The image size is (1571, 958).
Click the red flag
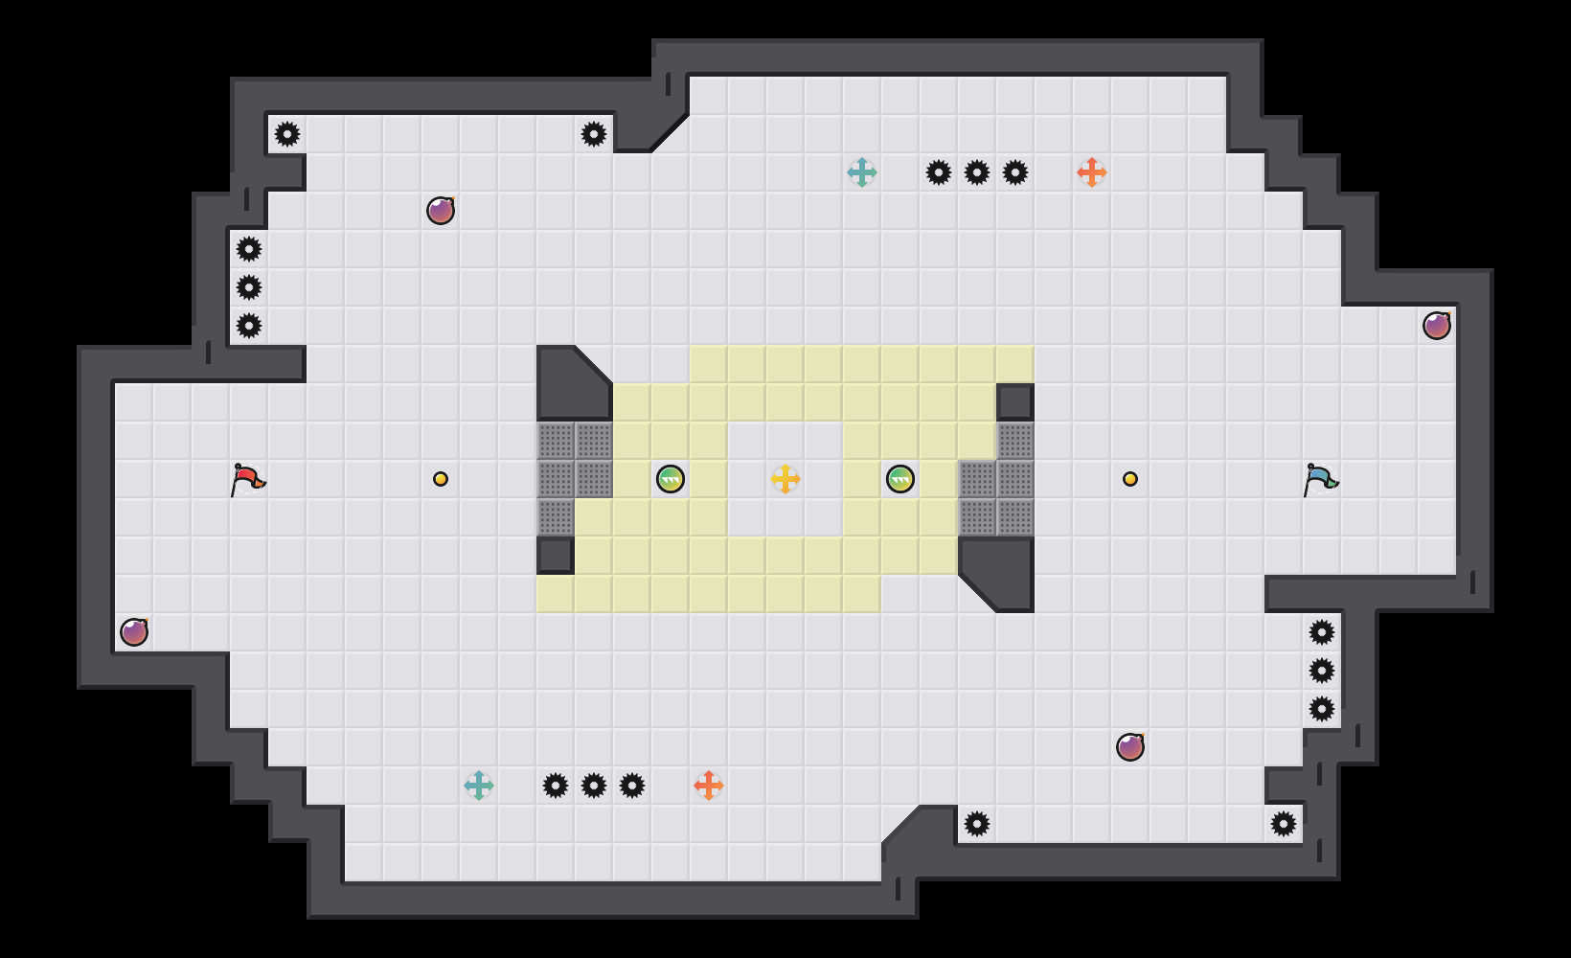247,478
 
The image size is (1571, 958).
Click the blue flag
1320,478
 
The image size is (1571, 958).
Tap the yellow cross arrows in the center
785,479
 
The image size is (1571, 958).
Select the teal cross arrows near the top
862,172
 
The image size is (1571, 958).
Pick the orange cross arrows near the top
1092,172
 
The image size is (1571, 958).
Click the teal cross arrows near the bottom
479,786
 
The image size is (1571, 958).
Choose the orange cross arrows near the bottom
709,786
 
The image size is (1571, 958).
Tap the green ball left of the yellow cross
671,479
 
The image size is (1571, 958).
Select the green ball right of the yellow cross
900,479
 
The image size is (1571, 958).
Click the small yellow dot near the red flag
441,479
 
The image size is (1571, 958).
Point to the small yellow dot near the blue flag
1130,479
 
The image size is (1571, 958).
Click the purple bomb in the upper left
441,211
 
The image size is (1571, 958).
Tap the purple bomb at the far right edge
1437,326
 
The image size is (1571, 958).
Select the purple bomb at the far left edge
134,632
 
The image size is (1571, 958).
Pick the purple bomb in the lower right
1130,747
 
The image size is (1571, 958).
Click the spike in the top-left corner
287,134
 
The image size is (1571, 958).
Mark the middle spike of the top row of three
977,172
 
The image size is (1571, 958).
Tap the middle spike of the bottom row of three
594,786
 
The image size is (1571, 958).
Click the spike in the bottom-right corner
1284,824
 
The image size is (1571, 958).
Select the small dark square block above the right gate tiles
1015,402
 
